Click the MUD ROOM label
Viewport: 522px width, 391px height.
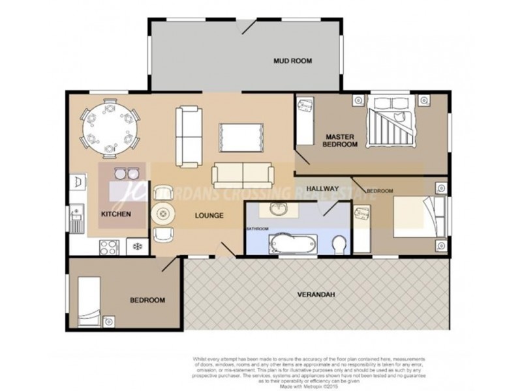click(292, 61)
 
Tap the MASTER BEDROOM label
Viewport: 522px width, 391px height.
click(341, 140)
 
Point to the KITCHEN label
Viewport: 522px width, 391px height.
click(116, 214)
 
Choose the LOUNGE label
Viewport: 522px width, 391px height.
click(209, 216)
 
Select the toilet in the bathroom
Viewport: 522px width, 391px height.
click(339, 246)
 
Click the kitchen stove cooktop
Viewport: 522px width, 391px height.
click(108, 246)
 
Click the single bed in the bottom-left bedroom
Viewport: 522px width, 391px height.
click(89, 301)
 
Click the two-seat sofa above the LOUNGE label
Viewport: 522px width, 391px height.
click(243, 173)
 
